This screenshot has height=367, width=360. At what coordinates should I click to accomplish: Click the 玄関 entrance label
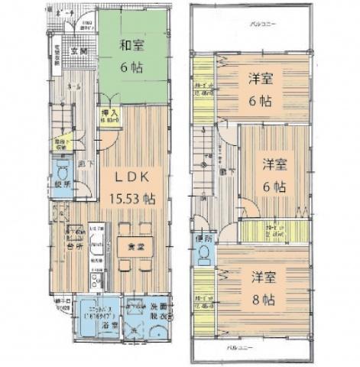pyautogui.click(x=79, y=51)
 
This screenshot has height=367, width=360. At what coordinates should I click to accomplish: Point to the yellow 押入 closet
pyautogui.click(x=109, y=117)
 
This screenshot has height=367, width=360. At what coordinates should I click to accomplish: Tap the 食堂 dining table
pyautogui.click(x=135, y=246)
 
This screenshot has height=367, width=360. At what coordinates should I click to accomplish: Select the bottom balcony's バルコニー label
pyautogui.click(x=252, y=348)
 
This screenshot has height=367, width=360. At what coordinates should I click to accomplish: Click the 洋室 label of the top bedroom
pyautogui.click(x=264, y=79)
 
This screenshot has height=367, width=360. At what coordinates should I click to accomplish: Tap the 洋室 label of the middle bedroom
pyautogui.click(x=275, y=164)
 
